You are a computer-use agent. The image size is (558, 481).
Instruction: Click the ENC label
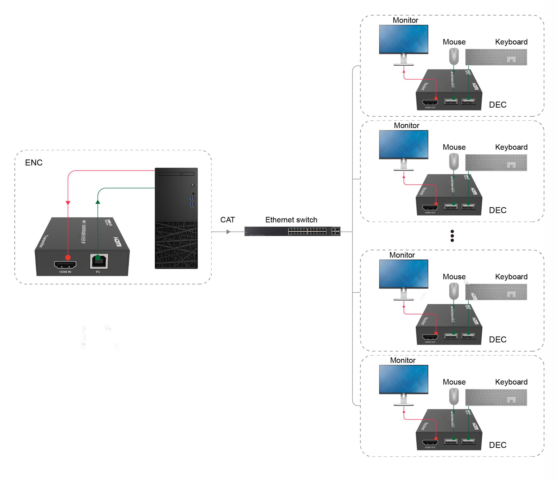point(34,163)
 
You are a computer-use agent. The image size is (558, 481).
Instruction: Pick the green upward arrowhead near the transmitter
point(98,202)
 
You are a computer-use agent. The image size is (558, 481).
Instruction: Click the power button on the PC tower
point(193,185)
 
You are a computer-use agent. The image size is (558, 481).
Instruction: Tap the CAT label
point(228,220)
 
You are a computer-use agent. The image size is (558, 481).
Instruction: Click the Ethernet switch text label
point(291,220)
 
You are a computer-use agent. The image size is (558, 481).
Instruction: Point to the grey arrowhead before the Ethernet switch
point(228,232)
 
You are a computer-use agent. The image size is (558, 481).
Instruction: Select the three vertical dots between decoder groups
point(452,236)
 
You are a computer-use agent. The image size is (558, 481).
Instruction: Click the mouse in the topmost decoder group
point(454,56)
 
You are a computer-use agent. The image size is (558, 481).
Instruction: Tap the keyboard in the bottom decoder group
point(496,397)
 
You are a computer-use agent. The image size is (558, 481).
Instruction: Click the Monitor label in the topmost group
point(405,20)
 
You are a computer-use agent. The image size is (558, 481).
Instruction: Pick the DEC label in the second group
point(497,210)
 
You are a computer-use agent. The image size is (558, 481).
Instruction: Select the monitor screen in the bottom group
point(403,379)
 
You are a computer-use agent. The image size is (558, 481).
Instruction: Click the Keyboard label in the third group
point(511,277)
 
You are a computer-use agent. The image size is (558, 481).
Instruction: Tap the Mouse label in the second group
point(454,147)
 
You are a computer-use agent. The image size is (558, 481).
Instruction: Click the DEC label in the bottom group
point(497,445)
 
